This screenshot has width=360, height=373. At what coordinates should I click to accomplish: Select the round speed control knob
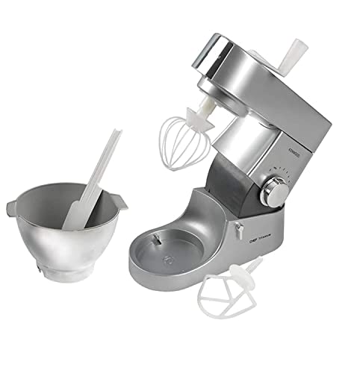tap(276, 194)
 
